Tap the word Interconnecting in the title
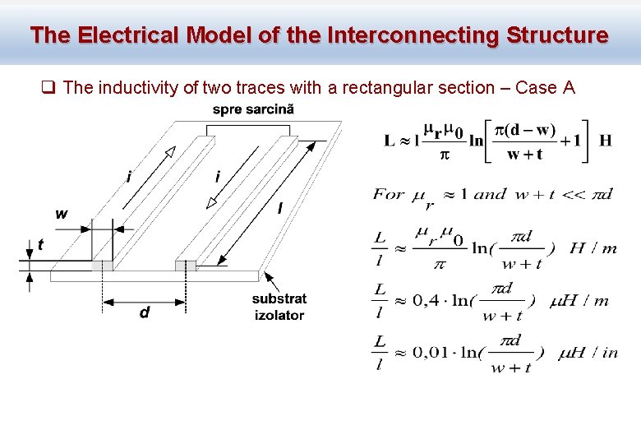[x=413, y=35]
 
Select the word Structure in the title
[x=558, y=35]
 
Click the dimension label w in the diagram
[x=62, y=214]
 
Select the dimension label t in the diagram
[x=40, y=244]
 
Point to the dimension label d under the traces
[x=145, y=312]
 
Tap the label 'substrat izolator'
[x=279, y=307]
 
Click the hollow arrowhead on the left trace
[x=168, y=155]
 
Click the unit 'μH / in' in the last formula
[x=588, y=353]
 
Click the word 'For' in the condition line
[x=389, y=195]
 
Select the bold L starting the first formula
[x=390, y=140]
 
